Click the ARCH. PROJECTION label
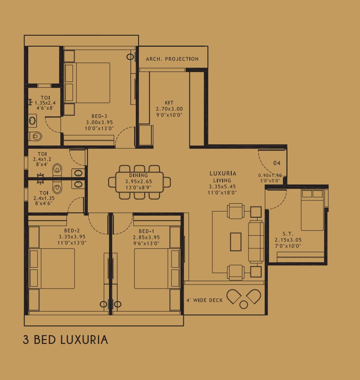[172, 59]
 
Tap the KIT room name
[169, 103]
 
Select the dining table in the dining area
[139, 182]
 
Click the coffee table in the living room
[236, 241]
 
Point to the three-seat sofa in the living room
[256, 241]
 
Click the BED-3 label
[99, 116]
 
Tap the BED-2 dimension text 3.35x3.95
[72, 237]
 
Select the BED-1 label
[146, 231]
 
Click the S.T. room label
[288, 234]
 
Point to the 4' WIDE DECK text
[204, 300]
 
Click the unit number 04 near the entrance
[277, 163]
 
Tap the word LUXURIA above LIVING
[223, 173]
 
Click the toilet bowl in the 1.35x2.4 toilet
[36, 136]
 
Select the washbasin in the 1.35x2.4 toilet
[32, 121]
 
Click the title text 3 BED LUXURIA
[65, 340]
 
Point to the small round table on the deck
[244, 305]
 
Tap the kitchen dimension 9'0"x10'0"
[169, 115]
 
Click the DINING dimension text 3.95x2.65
[139, 181]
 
